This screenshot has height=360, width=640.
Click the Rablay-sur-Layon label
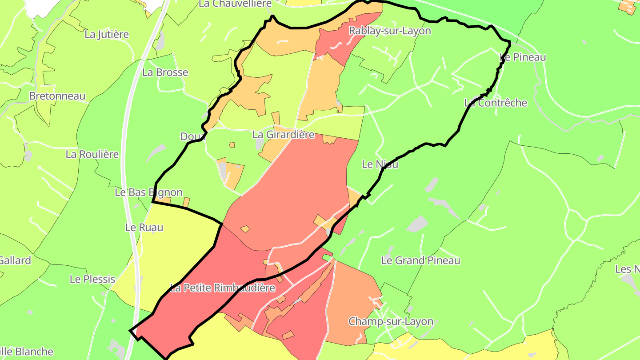tap(390, 31)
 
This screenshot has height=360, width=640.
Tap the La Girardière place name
tap(284, 134)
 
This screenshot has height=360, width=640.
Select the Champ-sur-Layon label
tap(391, 321)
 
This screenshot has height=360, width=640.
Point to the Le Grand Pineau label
tap(421, 260)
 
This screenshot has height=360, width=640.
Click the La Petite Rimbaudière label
tap(223, 288)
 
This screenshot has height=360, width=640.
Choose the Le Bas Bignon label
tap(148, 192)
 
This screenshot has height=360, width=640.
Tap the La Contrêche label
tap(496, 103)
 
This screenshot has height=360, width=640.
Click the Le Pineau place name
tap(523, 57)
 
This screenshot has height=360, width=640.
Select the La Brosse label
tap(165, 72)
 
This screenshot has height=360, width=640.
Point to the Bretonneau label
tap(57, 96)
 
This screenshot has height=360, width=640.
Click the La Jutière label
tap(107, 34)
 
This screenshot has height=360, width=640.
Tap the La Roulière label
tap(92, 154)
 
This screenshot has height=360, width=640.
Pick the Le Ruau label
tap(144, 228)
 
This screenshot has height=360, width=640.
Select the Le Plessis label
tap(92, 279)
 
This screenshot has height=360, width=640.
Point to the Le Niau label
tap(380, 164)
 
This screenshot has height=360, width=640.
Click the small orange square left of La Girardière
tap(232, 145)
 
